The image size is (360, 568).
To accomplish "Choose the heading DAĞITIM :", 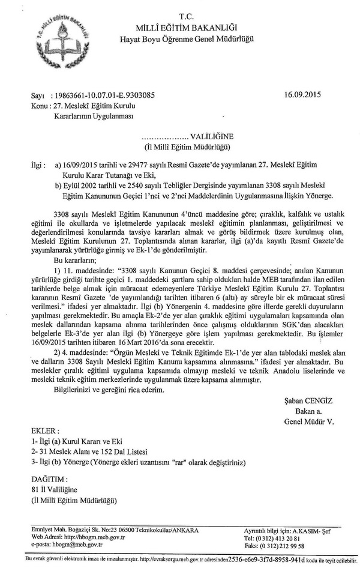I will click(x=50, y=479).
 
